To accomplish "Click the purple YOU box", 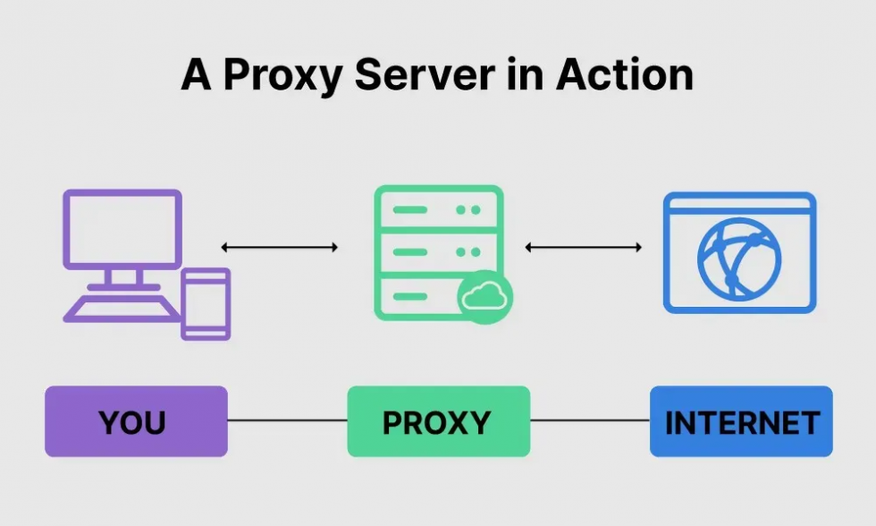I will [136, 421].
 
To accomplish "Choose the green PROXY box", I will [438, 421].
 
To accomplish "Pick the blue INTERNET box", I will [741, 421].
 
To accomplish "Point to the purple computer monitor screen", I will [122, 228].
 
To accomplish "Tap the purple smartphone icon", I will [206, 304].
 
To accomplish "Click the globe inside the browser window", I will [739, 260].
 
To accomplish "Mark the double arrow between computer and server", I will [280, 247].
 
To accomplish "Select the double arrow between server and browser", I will [584, 247].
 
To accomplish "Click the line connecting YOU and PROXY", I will [287, 420].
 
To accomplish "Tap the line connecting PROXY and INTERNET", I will [590, 420].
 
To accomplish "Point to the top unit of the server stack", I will [438, 210].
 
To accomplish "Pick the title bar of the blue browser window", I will [739, 204].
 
